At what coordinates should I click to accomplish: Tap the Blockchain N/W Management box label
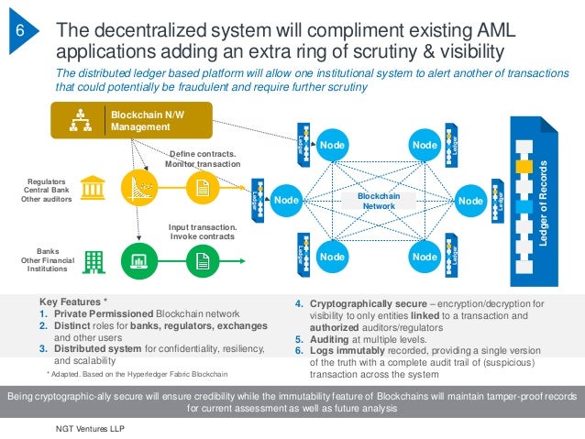138,120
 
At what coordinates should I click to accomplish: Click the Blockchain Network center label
376,201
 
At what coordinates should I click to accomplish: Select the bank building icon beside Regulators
92,189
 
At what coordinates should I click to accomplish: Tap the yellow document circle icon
202,188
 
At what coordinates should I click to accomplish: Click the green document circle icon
202,260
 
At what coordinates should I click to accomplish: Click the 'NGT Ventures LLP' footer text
91,428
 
